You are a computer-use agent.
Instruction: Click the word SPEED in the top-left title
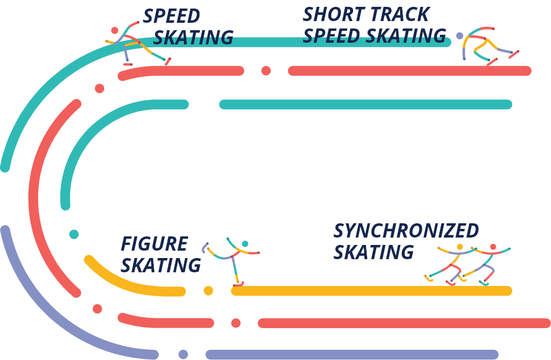click(171, 16)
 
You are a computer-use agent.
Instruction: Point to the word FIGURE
click(154, 244)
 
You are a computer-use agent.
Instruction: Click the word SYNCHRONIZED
click(406, 231)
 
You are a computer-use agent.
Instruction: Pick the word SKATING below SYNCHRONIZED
click(373, 252)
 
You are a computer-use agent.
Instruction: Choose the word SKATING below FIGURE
click(161, 265)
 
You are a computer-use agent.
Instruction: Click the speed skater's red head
click(115, 30)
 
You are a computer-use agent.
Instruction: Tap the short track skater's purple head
click(459, 35)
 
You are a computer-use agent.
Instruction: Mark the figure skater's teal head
click(245, 244)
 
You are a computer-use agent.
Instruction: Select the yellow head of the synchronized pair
click(460, 247)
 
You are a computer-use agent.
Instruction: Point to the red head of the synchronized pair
click(493, 247)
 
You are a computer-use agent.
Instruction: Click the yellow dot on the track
click(208, 291)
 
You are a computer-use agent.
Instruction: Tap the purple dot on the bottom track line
click(183, 354)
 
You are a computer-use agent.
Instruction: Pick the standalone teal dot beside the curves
click(74, 234)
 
